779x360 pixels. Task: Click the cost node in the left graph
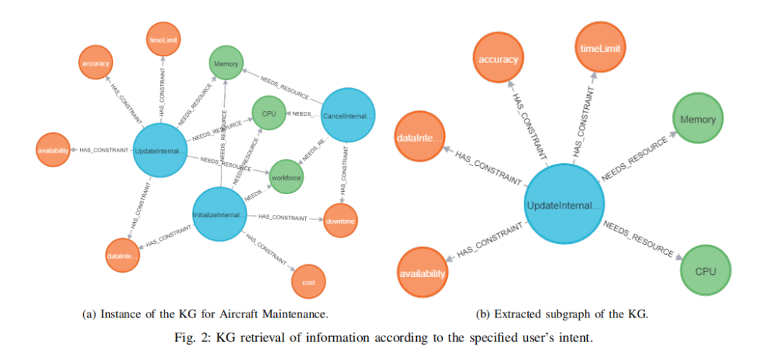click(309, 282)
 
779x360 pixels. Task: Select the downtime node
click(340, 221)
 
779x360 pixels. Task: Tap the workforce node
click(285, 176)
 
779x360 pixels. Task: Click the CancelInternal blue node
click(348, 115)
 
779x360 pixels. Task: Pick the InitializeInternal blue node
click(219, 214)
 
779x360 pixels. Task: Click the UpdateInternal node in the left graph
click(161, 150)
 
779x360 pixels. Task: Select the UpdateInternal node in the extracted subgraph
click(563, 206)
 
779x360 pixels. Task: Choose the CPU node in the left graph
click(268, 114)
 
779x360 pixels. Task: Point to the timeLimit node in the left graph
click(164, 40)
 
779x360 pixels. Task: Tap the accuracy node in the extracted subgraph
click(498, 59)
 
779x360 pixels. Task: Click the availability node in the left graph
click(53, 151)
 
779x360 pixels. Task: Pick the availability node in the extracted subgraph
click(423, 273)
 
